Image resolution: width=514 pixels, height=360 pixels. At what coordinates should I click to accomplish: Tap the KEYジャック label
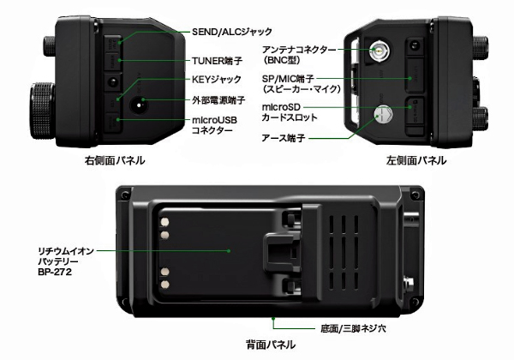pyautogui.click(x=218, y=81)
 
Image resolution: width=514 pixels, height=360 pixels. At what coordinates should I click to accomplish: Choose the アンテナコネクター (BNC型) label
pyautogui.click(x=299, y=57)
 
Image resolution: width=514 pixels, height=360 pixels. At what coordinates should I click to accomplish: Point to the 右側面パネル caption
pyautogui.click(x=115, y=161)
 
